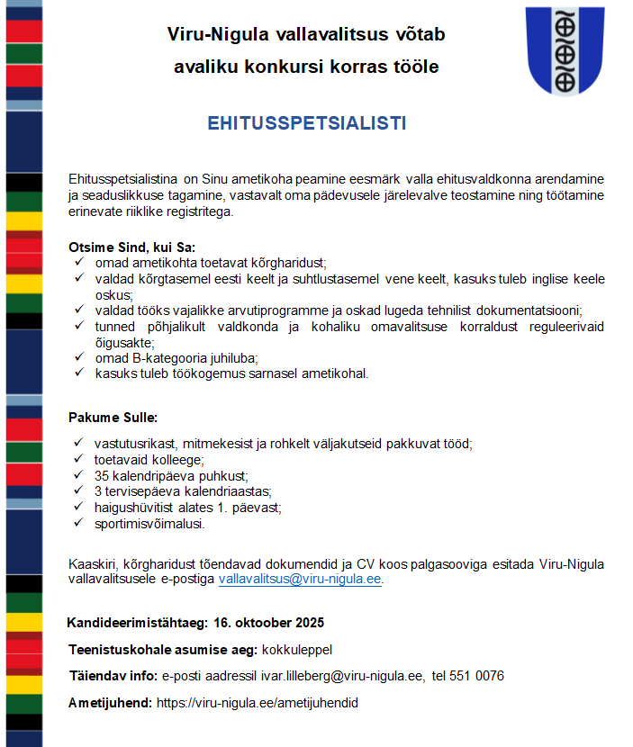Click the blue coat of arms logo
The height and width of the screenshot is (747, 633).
565,51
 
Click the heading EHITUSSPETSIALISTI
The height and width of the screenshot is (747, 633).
306,123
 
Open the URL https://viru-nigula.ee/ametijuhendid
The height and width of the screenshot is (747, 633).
258,703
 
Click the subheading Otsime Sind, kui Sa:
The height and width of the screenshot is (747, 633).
131,247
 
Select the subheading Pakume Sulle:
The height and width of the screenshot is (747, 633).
113,418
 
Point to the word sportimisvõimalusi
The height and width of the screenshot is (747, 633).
149,523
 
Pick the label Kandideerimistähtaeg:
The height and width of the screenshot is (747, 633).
138,623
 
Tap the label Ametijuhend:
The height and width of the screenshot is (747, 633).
110,703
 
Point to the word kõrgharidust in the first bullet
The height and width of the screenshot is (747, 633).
273,262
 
